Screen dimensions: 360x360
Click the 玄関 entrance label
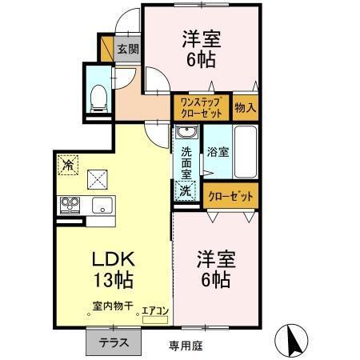click(128, 49)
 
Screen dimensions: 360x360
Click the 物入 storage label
click(245, 107)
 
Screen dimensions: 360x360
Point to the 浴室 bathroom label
click(217, 151)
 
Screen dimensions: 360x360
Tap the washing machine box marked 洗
click(186, 191)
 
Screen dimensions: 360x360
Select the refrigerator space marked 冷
click(66, 162)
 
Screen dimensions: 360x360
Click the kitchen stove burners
click(70, 205)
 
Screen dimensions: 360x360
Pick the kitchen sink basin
click(102, 205)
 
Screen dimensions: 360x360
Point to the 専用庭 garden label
click(186, 346)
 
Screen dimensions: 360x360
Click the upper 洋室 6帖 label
click(202, 48)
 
